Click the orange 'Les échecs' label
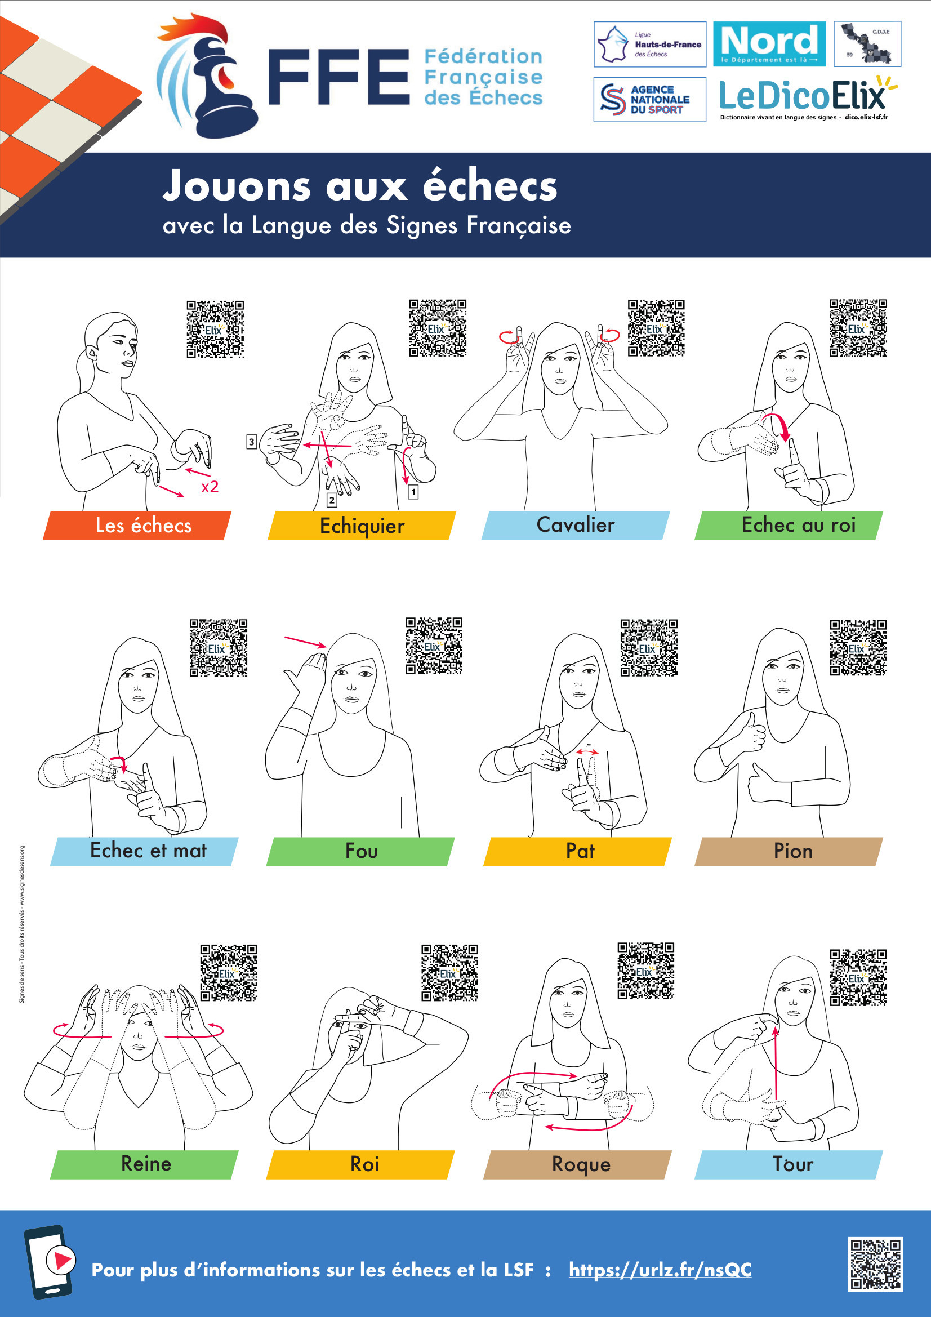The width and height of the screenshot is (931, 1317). pos(137,526)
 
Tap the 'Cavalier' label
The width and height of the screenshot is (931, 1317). pos(576,526)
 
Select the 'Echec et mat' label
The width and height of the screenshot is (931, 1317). pos(144,851)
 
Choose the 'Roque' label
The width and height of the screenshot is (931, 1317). pos(578,1164)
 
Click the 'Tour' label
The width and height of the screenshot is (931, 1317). pos(789,1164)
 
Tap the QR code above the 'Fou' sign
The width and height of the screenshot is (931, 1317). pos(434,646)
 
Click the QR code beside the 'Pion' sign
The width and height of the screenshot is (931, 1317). pos(858,648)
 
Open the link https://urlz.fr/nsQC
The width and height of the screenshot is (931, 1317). pos(660,1270)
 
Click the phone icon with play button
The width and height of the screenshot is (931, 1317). pos(50,1262)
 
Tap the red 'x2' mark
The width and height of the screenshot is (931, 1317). pos(210,487)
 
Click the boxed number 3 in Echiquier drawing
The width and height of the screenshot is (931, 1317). pos(251,442)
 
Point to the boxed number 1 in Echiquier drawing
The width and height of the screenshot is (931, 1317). pos(413,492)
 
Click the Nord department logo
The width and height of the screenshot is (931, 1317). pos(769,43)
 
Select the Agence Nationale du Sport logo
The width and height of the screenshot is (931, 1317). pos(649,99)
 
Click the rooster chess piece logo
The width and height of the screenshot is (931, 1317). pos(207,75)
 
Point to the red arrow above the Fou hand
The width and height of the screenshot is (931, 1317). pos(306,642)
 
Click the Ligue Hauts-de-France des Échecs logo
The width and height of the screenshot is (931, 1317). pos(649,43)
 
